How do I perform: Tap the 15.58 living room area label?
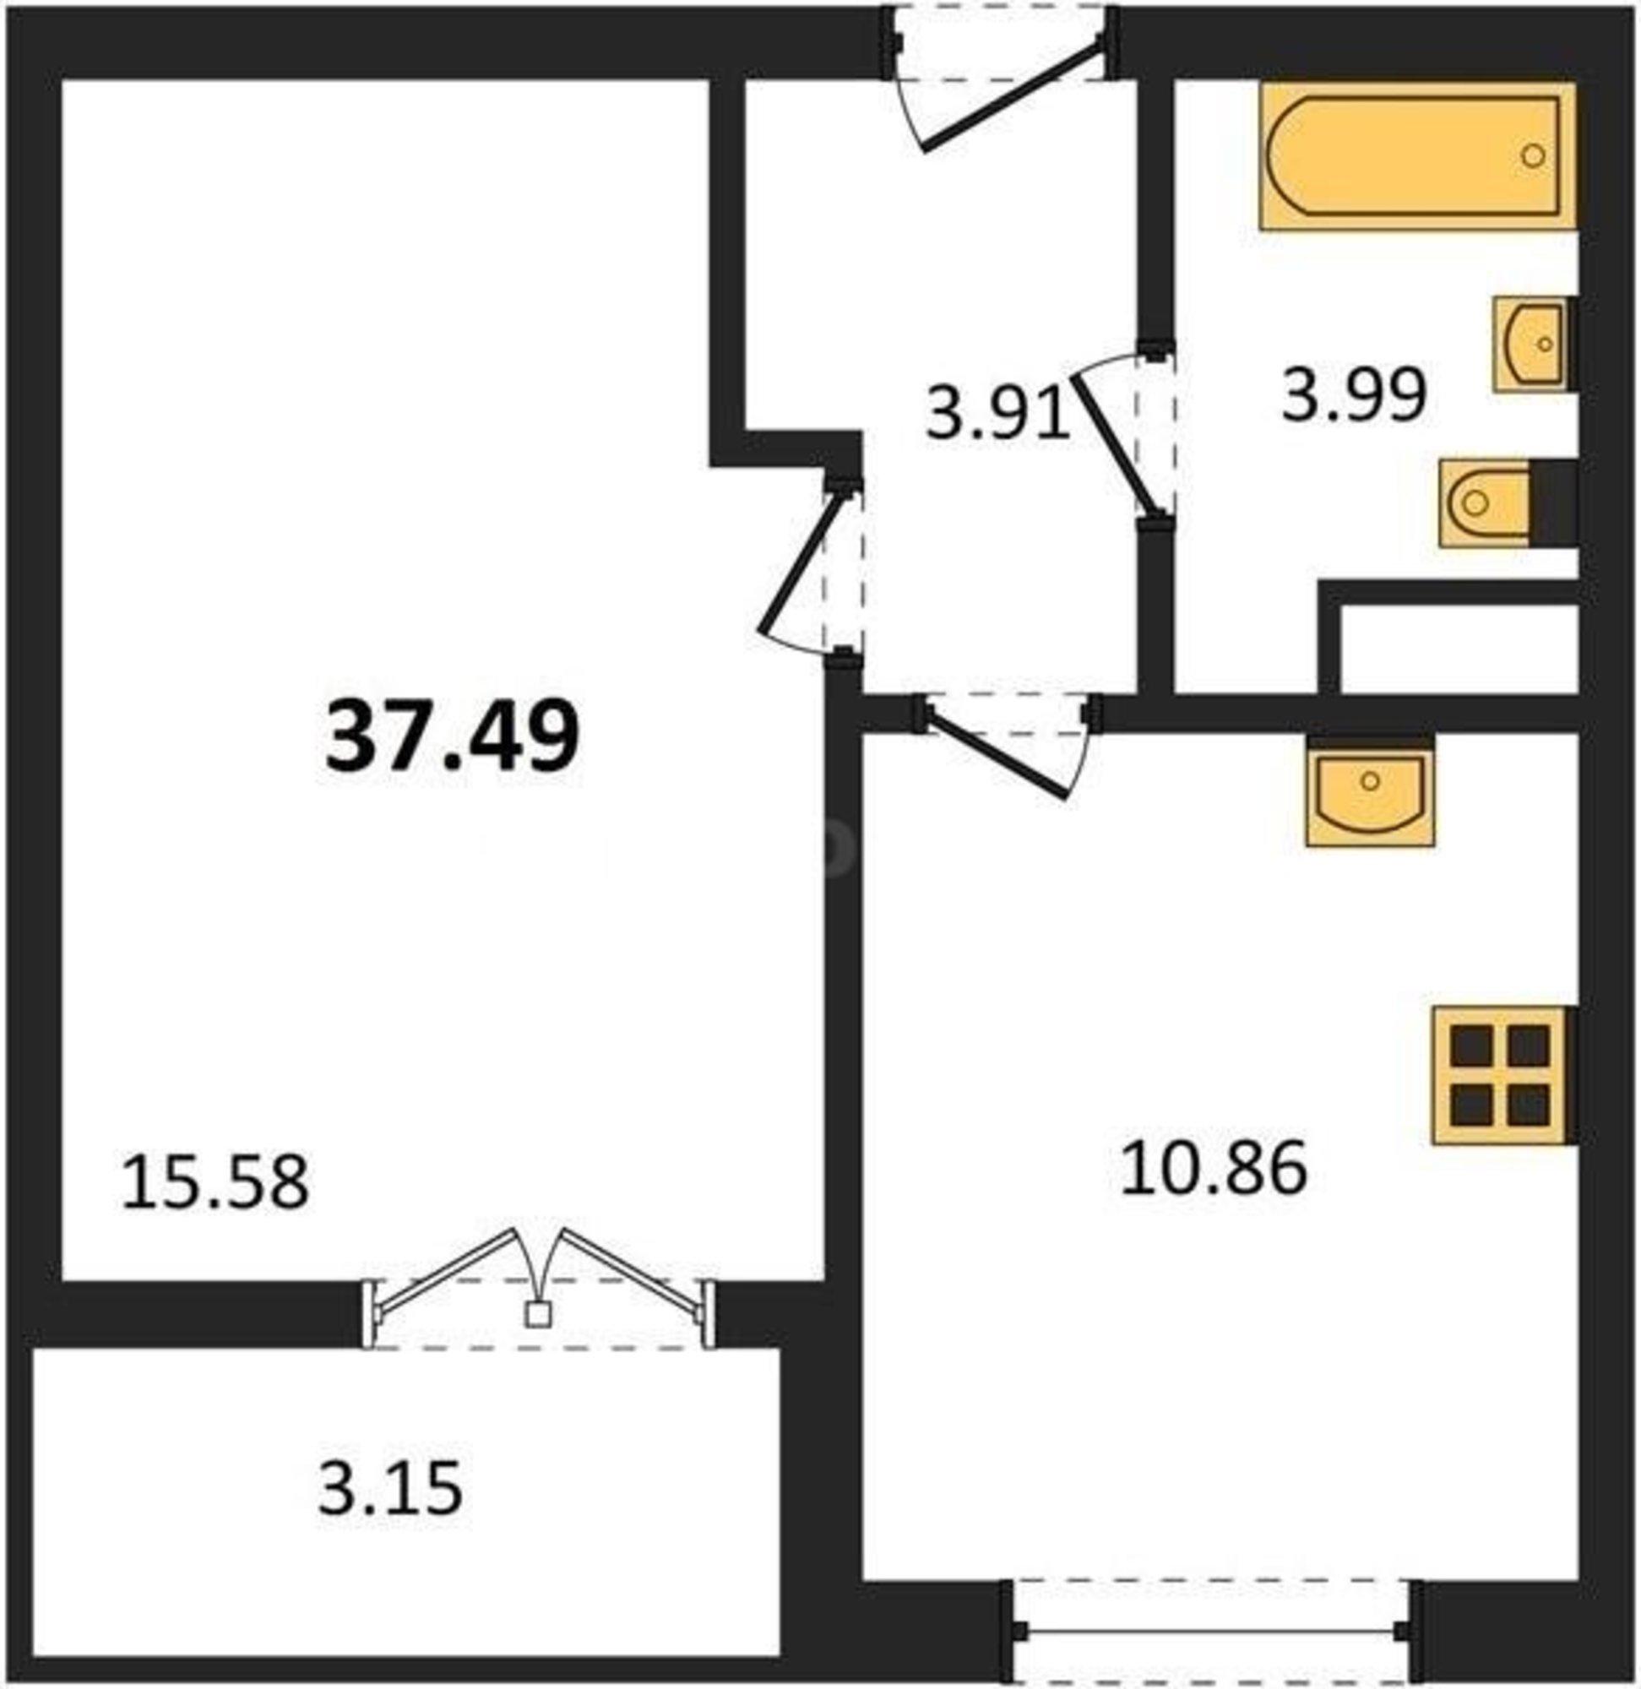tap(215, 1183)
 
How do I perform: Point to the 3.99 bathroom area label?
tap(1355, 395)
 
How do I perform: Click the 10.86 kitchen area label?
tap(1214, 1168)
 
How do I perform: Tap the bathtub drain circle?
tap(1533, 155)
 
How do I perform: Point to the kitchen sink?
tap(1371, 797)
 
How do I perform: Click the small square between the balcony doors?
tap(538, 1313)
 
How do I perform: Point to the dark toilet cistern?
tap(1553, 503)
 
